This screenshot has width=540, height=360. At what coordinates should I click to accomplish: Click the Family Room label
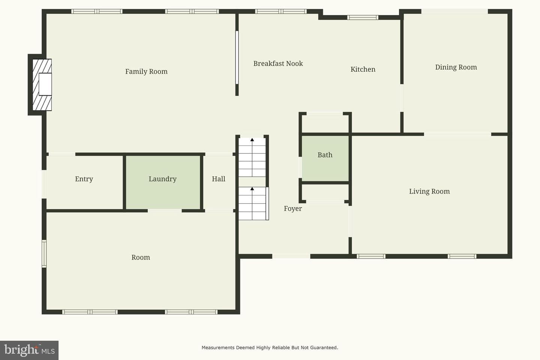coord(146,72)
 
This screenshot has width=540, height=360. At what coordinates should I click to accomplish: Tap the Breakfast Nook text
coord(278,63)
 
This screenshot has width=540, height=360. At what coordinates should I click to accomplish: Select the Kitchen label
coord(363,69)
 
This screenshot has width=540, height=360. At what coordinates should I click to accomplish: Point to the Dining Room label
coord(456,67)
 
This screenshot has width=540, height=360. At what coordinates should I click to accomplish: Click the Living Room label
coord(429,192)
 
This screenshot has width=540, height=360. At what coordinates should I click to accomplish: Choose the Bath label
coord(325,155)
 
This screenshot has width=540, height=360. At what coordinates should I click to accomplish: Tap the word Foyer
coord(292,208)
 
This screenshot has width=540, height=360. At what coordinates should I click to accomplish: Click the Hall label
coord(218,179)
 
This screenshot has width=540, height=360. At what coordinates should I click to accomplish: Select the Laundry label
coord(162,179)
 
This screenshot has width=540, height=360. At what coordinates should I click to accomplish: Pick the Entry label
coord(84,179)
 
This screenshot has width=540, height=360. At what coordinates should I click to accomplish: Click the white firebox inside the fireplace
coord(45,84)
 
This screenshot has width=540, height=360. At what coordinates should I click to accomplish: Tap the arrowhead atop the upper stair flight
coord(252,139)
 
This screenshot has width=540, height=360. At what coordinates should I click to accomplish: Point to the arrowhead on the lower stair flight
coord(252,189)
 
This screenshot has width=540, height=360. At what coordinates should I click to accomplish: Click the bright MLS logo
coord(29,350)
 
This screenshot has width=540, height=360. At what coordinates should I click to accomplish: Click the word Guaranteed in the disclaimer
coord(324,348)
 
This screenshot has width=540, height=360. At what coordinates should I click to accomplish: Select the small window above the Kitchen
coord(363,17)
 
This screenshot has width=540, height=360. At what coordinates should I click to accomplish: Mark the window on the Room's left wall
coord(44,253)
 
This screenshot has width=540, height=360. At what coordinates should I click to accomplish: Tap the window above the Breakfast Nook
coord(281,11)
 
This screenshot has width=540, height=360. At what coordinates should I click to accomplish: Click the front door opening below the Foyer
coord(291,256)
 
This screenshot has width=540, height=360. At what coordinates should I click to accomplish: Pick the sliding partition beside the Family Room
coord(237,57)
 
